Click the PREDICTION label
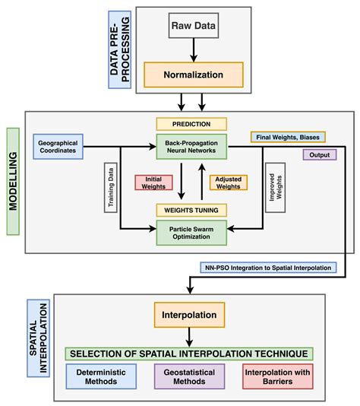click(191, 123)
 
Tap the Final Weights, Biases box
click(287, 137)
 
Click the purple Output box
click(319, 154)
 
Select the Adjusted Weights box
click(228, 182)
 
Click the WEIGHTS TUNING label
click(191, 209)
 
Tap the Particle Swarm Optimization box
click(191, 231)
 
